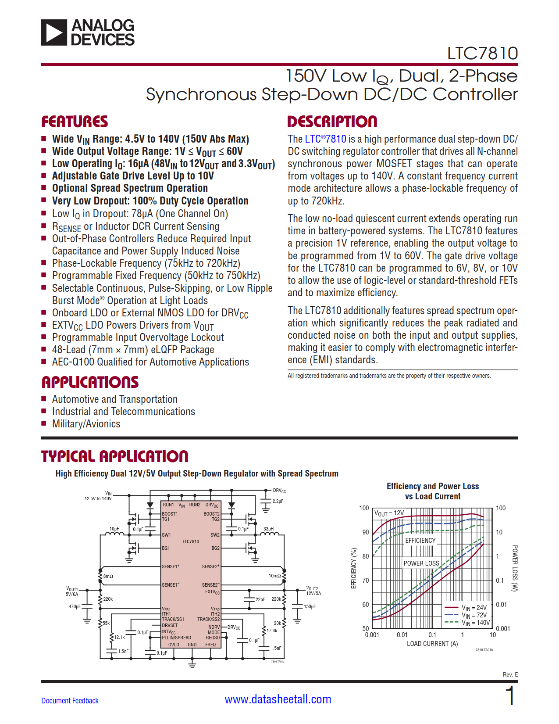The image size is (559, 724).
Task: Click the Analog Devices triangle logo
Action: [x=54, y=32]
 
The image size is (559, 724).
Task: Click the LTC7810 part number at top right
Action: [x=482, y=54]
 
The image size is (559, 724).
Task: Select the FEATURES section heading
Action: [x=75, y=122]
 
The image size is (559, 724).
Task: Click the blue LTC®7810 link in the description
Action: [x=325, y=139]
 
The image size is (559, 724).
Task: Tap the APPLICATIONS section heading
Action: [x=90, y=382]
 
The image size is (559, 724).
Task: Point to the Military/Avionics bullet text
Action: [x=86, y=424]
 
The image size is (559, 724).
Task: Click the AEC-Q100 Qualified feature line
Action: [x=150, y=362]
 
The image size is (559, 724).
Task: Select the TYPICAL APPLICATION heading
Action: [x=114, y=456]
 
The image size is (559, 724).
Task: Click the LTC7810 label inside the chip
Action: [x=191, y=541]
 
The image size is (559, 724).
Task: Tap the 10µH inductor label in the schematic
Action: [x=114, y=529]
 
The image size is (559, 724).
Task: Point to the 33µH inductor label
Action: [x=268, y=529]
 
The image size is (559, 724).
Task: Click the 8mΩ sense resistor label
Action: [x=108, y=576]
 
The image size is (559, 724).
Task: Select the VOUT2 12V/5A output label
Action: [x=313, y=591]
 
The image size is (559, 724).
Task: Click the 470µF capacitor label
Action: [x=75, y=606]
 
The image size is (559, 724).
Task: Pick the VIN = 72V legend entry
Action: [x=474, y=615]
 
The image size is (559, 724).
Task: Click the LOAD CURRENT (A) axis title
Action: [x=432, y=644]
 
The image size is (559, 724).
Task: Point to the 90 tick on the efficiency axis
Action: [x=365, y=532]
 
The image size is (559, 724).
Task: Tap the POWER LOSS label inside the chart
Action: [x=421, y=563]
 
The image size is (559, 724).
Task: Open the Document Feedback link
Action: [x=70, y=701]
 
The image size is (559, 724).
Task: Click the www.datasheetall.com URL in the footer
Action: [x=278, y=699]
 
